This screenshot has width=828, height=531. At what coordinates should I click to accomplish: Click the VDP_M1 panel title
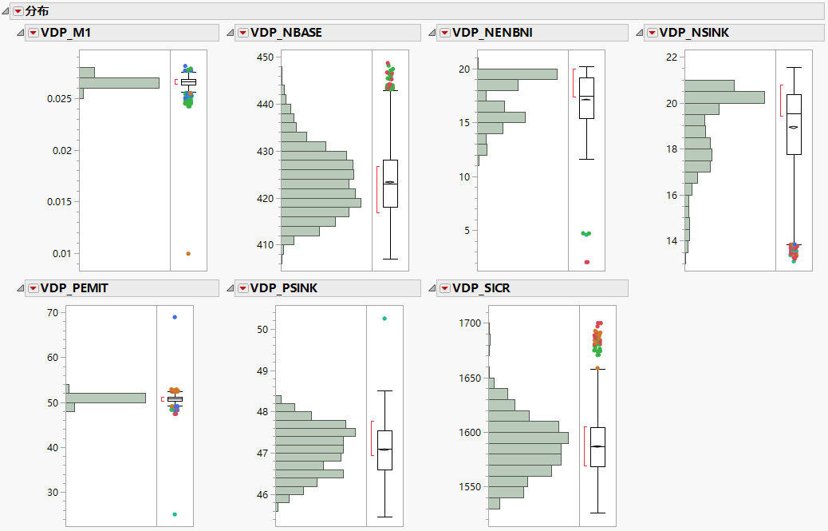pos(71,33)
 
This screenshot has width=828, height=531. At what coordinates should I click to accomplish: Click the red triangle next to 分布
pos(18,11)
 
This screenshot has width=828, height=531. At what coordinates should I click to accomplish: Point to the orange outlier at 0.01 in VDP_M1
pos(188,253)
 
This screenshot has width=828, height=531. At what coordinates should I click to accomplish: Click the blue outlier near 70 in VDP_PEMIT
pos(175,317)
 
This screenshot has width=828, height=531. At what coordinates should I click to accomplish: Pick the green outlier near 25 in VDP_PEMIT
pos(175,514)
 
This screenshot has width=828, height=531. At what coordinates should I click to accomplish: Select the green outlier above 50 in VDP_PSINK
pos(384,319)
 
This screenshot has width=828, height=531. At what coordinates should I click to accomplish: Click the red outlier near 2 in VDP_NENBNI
pos(587,262)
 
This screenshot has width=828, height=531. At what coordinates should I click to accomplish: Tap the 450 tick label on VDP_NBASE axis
pos(265,57)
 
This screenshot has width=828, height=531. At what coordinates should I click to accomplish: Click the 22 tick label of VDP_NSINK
pos(672,57)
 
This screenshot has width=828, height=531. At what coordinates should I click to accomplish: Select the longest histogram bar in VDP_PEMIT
pos(105,398)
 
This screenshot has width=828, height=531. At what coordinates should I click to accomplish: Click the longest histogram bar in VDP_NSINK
pos(724,97)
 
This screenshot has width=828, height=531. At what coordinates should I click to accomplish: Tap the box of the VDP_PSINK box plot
pos(384,450)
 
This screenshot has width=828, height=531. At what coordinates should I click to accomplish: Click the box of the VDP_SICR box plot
pos(597,447)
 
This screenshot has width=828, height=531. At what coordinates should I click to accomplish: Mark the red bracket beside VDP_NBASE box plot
pos(377,189)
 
